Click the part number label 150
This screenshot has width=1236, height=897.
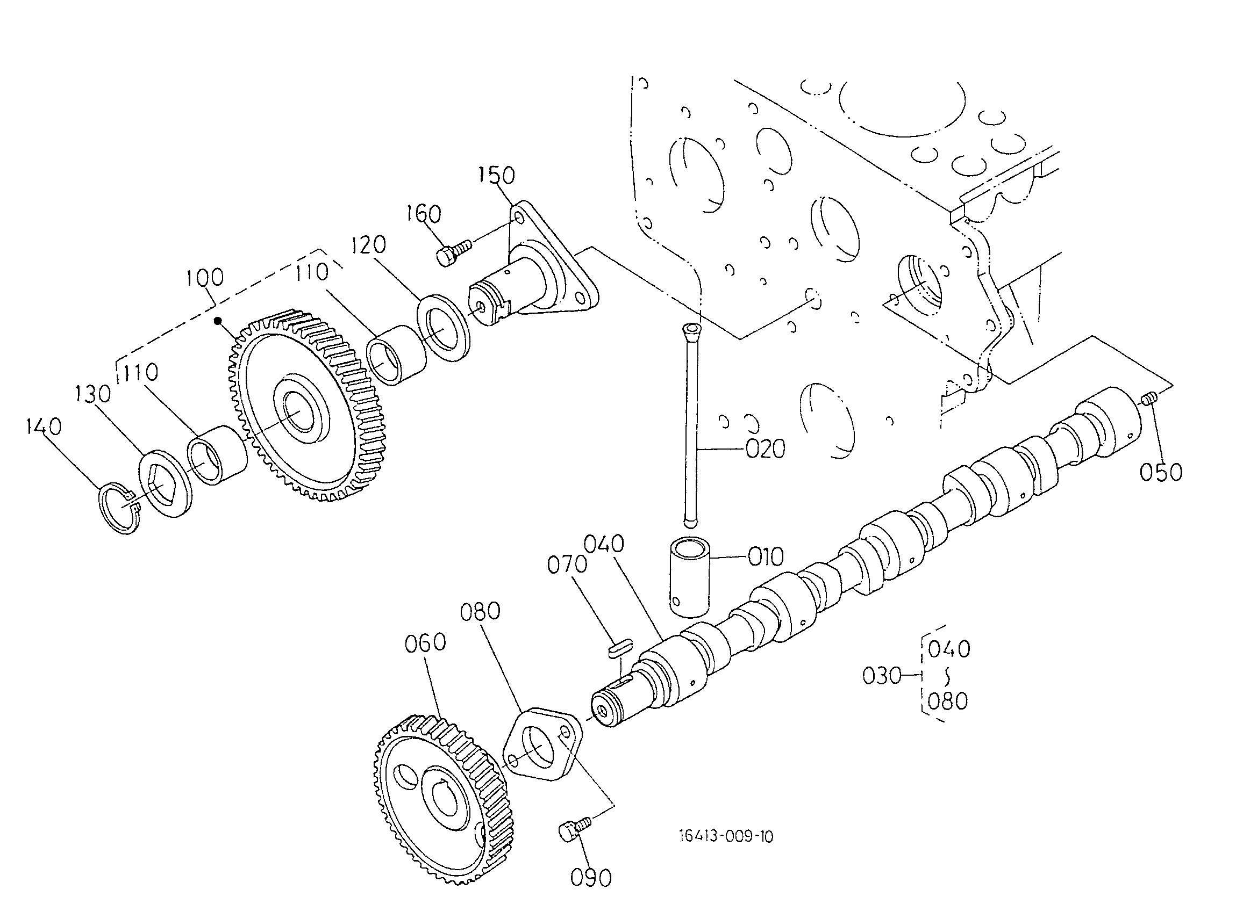click(496, 175)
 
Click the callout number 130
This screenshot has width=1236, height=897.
click(92, 394)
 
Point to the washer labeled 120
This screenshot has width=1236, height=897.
click(444, 327)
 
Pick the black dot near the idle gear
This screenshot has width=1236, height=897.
click(218, 321)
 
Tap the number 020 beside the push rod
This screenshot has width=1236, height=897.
click(765, 450)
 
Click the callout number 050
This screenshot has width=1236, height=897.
click(1161, 472)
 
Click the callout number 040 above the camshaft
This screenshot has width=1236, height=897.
click(603, 544)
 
